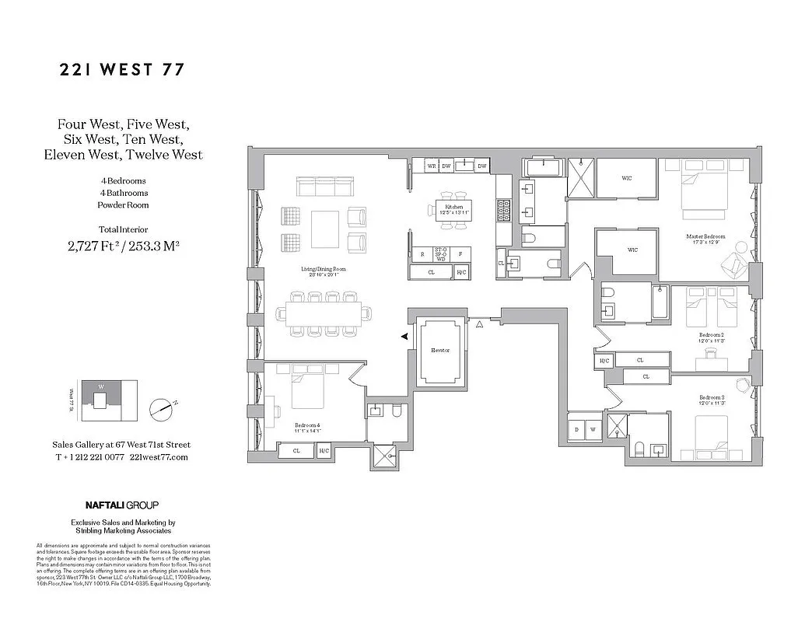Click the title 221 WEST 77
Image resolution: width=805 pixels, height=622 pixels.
pyautogui.click(x=122, y=70)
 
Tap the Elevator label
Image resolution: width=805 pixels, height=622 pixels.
pyautogui.click(x=440, y=351)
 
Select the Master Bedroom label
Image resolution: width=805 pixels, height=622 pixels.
pyautogui.click(x=705, y=236)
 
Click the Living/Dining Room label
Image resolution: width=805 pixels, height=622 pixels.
pyautogui.click(x=324, y=270)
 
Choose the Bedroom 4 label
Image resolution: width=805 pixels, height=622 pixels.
pyautogui.click(x=307, y=425)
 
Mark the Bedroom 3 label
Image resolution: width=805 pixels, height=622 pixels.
pyautogui.click(x=711, y=398)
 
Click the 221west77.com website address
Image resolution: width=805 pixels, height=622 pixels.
pyautogui.click(x=159, y=457)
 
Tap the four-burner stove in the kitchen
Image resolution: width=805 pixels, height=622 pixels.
pyautogui.click(x=502, y=209)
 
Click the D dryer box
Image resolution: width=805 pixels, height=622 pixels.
pyautogui.click(x=578, y=429)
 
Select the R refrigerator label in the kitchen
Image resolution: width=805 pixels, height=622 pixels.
pyautogui.click(x=422, y=254)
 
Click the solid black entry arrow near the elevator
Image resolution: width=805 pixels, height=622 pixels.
pyautogui.click(x=404, y=336)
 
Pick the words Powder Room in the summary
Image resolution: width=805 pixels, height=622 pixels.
pyautogui.click(x=122, y=205)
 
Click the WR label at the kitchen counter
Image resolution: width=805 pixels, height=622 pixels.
pyautogui.click(x=431, y=166)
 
